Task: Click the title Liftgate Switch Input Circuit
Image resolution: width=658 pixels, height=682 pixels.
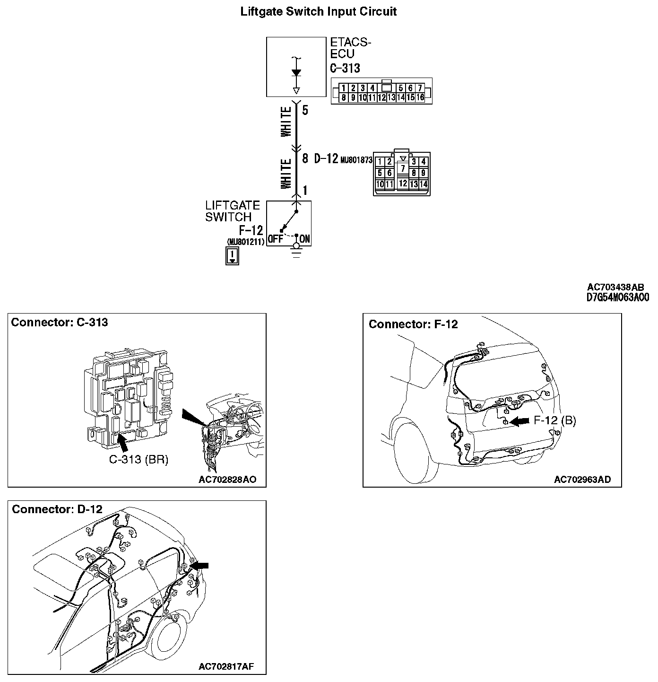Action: [319, 12]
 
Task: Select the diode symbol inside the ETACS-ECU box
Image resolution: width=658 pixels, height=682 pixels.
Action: [296, 73]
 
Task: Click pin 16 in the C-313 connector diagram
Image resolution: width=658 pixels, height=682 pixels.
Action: [420, 97]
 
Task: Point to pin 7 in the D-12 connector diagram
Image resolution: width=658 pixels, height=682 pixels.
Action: [402, 168]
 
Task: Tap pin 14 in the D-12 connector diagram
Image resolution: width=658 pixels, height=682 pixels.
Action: [423, 184]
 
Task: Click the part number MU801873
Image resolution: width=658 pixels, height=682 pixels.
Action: [356, 160]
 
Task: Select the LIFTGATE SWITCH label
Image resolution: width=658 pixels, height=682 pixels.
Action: [232, 211]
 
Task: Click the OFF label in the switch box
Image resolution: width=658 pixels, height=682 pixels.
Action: [275, 239]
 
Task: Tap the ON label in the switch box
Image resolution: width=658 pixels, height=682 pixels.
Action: [305, 239]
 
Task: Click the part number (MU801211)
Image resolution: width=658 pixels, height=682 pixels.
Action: [245, 242]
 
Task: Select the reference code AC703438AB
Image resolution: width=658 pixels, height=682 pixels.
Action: [615, 287]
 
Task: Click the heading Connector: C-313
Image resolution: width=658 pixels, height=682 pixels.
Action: [60, 323]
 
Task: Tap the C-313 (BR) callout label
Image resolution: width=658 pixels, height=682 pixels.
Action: [139, 459]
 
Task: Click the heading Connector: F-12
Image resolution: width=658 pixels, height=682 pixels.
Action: [413, 324]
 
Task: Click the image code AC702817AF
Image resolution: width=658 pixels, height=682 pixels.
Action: [226, 667]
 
